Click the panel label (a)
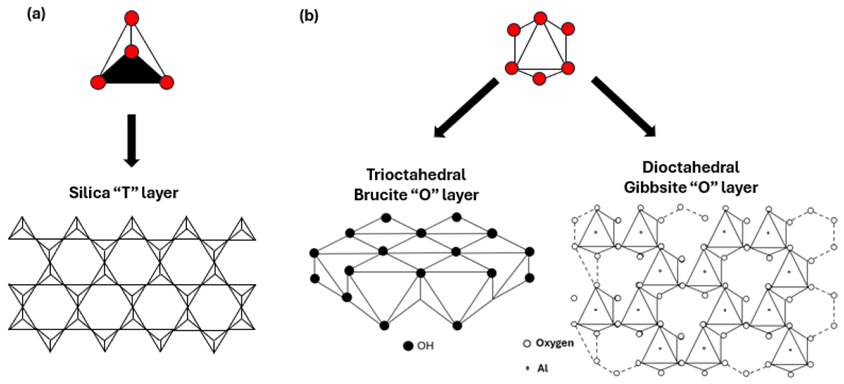(36, 15)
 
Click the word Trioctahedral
(416, 174)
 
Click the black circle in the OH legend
(408, 346)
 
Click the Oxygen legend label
(555, 343)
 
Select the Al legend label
(543, 368)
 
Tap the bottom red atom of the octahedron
(539, 79)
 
